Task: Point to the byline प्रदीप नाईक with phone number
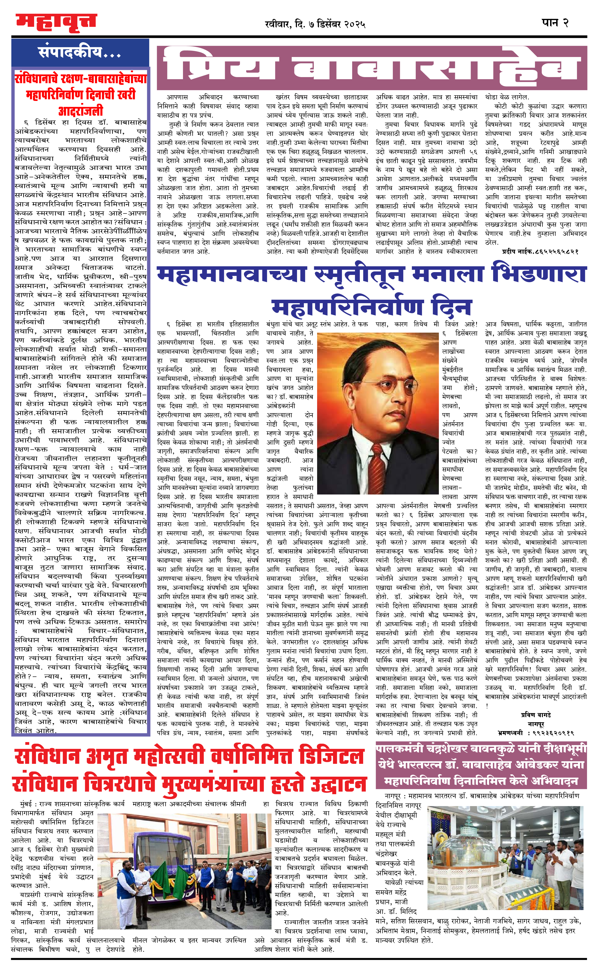540,251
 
